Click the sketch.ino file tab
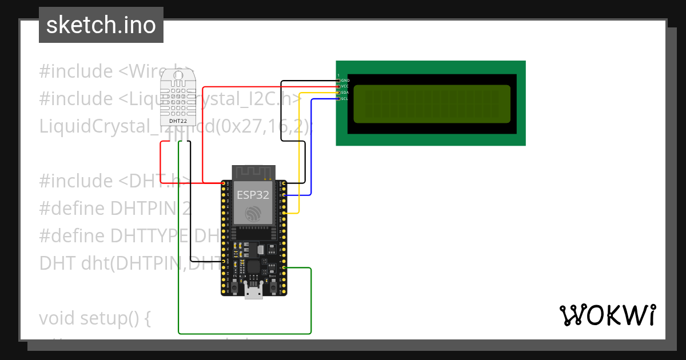(x=101, y=25)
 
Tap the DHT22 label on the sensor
(x=178, y=121)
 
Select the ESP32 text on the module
(x=253, y=195)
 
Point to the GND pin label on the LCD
(x=345, y=81)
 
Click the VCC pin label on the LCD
(x=345, y=86)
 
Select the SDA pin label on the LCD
(x=345, y=93)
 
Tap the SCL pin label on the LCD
(x=345, y=99)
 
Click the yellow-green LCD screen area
(x=432, y=104)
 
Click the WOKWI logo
(x=607, y=315)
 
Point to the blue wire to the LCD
(x=312, y=149)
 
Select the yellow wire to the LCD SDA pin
(x=298, y=149)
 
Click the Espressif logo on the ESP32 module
(x=253, y=214)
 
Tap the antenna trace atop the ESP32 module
(x=254, y=172)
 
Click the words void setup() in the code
(x=94, y=318)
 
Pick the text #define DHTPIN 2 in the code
(x=115, y=208)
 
